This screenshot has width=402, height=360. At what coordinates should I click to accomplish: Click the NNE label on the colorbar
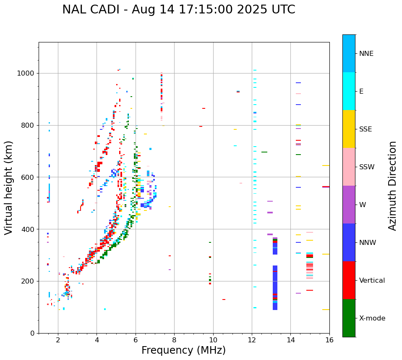click(x=366, y=54)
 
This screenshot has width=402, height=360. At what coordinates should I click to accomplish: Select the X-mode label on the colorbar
click(x=372, y=318)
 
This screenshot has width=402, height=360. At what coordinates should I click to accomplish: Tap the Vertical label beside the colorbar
click(x=372, y=281)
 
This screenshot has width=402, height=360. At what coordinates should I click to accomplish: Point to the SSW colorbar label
click(x=367, y=167)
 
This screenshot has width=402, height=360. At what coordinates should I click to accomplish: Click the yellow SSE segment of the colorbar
click(x=349, y=129)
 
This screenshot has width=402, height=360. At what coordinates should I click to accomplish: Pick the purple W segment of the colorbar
click(x=349, y=205)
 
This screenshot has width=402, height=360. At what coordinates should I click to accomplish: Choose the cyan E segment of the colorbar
click(x=349, y=91)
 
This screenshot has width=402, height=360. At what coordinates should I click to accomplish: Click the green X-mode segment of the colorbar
click(x=349, y=318)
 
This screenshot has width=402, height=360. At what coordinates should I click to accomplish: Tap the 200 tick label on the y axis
click(x=29, y=281)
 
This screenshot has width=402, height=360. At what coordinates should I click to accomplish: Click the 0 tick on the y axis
click(x=33, y=334)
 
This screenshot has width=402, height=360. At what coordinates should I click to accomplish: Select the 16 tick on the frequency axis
click(x=329, y=340)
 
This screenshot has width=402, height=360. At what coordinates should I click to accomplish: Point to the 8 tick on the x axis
click(x=174, y=340)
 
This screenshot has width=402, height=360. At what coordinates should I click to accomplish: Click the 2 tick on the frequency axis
click(x=58, y=340)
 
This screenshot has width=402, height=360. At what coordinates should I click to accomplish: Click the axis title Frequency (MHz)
click(x=183, y=350)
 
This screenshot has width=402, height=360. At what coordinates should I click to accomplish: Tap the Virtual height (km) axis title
click(x=9, y=187)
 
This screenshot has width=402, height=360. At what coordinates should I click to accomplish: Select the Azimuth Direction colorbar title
click(x=392, y=186)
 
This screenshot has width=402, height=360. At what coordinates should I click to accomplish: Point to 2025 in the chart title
click(x=250, y=10)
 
